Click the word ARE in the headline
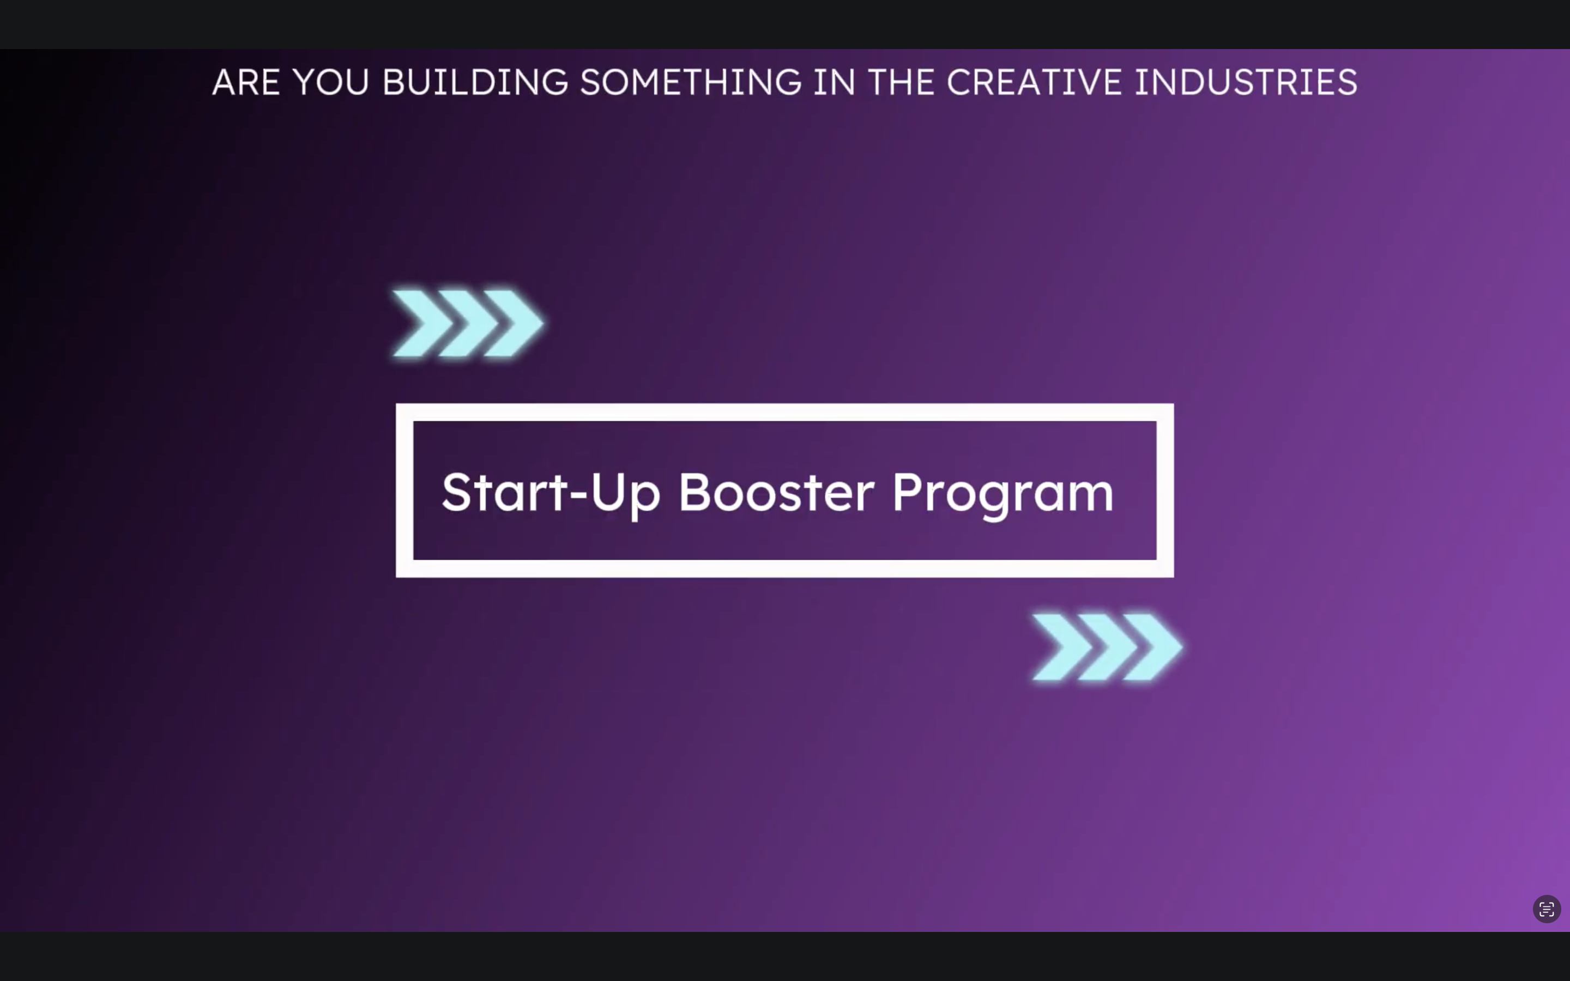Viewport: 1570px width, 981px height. tap(246, 82)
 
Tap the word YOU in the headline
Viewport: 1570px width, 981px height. tap(331, 82)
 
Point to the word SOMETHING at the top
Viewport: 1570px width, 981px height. tap(691, 82)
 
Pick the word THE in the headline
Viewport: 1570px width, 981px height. tap(902, 82)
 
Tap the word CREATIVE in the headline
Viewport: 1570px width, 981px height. tap(1034, 82)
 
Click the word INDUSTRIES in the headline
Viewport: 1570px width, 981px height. tap(1246, 82)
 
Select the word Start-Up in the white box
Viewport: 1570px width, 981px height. tap(551, 493)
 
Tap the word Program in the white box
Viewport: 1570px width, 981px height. tap(1003, 494)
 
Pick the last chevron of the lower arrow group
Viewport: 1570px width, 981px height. tap(1153, 647)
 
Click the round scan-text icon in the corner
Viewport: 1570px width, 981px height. tap(1547, 909)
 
